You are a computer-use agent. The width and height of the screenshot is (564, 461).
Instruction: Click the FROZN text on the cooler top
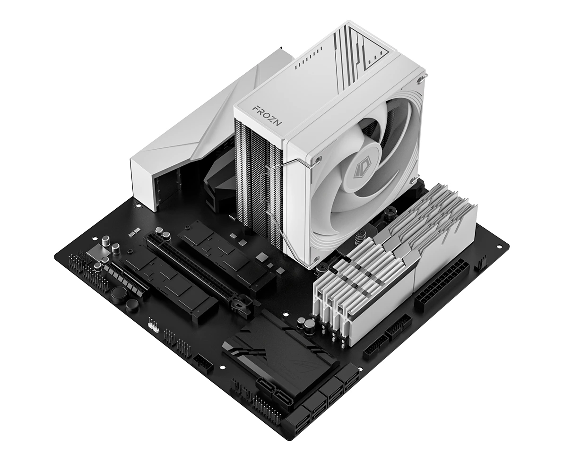[267, 114]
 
